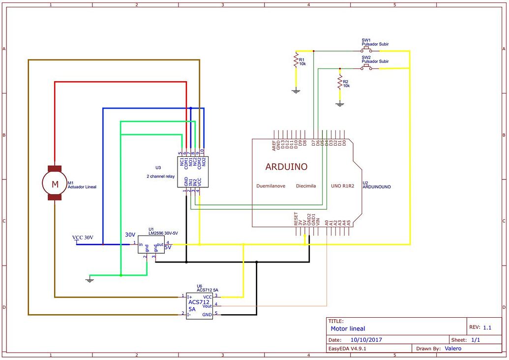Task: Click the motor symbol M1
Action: coord(55,183)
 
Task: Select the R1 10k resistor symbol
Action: coord(296,61)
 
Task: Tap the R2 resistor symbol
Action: coord(339,82)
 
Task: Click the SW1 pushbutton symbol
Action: coord(366,50)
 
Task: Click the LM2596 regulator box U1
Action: coord(151,244)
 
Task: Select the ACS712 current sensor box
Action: coord(199,305)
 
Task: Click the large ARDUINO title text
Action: coord(286,167)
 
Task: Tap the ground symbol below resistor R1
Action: coord(296,90)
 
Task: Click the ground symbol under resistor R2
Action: coord(339,104)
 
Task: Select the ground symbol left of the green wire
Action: coord(90,279)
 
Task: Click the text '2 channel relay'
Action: coord(160,176)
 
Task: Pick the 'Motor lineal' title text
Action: coord(348,329)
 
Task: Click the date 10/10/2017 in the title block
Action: coord(366,339)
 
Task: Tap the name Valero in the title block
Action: coord(452,348)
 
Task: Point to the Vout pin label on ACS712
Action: coord(207,305)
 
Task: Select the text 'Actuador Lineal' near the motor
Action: coord(82,187)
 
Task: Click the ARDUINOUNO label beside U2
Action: coord(376,187)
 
